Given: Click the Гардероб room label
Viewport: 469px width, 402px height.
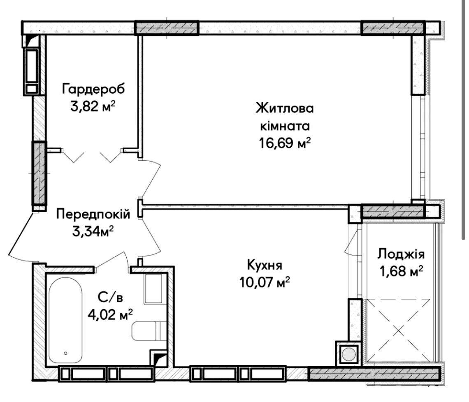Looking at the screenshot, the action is coord(93,89).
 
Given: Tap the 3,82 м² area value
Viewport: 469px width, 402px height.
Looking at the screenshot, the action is coord(93,106).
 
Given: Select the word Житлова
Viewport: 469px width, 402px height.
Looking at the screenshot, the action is coord(285,108).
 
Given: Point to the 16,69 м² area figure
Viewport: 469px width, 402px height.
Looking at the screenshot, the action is coord(285,143).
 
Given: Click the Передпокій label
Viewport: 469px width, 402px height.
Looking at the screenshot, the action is coord(93,214).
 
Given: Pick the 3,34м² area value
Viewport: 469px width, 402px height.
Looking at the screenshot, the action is coord(93,231).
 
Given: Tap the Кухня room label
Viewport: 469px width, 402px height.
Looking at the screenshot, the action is coord(265,265).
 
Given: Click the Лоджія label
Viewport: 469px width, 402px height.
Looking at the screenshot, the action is coord(401,254).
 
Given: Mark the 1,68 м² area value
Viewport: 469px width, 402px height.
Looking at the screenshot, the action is coord(401,271).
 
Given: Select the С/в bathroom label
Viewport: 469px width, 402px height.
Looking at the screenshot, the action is coord(110,298).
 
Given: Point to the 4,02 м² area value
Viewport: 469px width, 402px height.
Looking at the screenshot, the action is coord(110,314).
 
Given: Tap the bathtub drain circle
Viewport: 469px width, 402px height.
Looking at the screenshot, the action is coord(65,353).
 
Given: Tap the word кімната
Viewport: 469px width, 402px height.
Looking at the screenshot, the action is coord(285,126).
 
